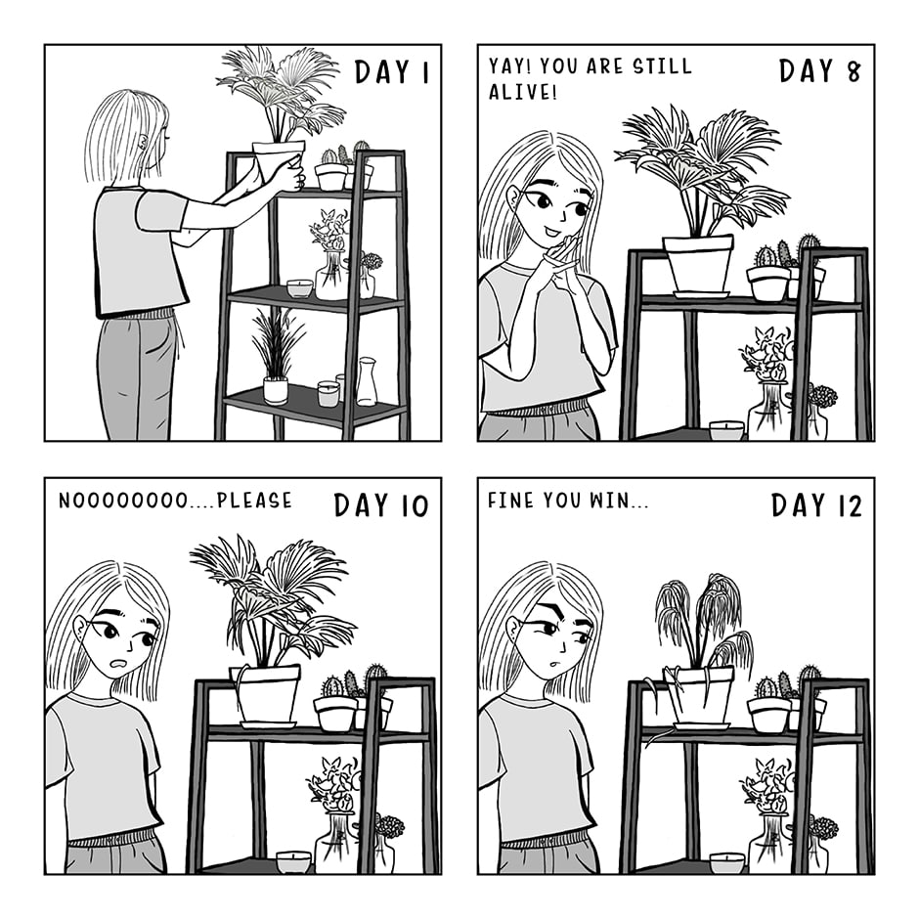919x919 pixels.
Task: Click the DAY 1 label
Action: [392, 72]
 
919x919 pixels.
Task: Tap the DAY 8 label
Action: [820, 71]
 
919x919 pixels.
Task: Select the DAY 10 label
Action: [381, 505]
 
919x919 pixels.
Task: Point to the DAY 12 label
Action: [816, 505]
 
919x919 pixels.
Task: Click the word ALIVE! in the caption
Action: [522, 92]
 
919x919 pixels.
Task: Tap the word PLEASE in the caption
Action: [254, 501]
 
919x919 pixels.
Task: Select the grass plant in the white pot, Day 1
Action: [276, 358]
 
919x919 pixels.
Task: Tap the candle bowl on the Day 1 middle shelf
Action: [299, 288]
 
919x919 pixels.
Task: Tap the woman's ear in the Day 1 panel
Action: [144, 143]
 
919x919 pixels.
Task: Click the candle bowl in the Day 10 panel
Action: [293, 861]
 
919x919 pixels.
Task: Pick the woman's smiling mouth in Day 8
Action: [551, 233]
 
